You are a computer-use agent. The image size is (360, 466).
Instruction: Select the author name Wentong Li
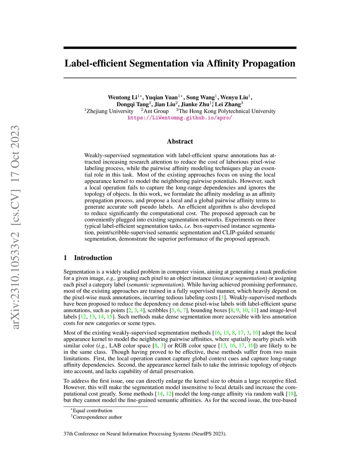coord(122,97)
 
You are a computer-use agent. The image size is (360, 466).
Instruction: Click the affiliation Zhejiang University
coord(110,111)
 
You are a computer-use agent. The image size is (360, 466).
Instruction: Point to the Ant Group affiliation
coord(156,111)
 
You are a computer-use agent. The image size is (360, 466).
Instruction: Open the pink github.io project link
coord(180,118)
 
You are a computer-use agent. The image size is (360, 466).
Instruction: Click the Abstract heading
coord(180,141)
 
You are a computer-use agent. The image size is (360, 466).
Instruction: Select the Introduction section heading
coord(93,258)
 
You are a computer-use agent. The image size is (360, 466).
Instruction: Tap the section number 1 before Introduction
coord(65,258)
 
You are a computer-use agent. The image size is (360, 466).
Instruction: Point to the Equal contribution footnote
coord(92,410)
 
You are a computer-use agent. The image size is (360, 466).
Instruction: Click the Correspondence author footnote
coord(97,417)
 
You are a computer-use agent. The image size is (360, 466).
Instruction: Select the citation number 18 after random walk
coord(291,394)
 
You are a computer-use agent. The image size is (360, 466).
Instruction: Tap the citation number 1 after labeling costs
coord(222,298)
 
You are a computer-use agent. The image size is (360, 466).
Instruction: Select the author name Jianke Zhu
coord(195,104)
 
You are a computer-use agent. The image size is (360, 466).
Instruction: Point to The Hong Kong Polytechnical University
coord(227,111)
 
